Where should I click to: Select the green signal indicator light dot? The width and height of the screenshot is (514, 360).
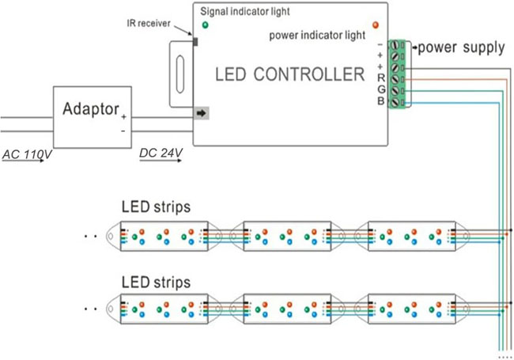(206, 25)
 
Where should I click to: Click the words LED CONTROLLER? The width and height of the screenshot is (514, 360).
(290, 75)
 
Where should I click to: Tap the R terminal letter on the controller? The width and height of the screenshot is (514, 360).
(381, 78)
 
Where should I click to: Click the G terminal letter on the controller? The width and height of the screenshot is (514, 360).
(381, 89)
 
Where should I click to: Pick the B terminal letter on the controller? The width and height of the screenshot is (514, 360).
(381, 101)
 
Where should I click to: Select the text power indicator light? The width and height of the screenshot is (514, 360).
(316, 35)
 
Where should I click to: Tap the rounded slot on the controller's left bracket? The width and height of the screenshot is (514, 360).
(177, 73)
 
